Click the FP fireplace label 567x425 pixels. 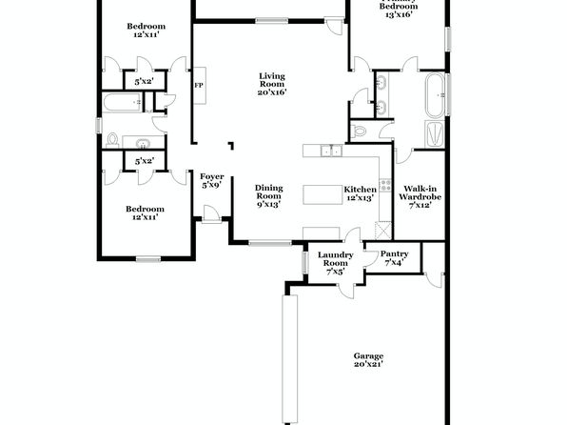199,86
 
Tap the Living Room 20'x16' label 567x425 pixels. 272,84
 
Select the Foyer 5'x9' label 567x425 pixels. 212,181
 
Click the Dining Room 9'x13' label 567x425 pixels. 268,196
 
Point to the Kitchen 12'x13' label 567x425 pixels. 360,193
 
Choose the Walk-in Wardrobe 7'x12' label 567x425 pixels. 420,196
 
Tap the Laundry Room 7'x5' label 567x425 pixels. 335,263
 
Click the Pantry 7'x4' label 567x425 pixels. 394,258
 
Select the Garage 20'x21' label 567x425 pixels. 368,360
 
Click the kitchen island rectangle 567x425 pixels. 323,194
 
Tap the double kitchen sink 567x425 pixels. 332,151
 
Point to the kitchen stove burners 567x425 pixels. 385,185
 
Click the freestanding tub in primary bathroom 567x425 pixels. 435,95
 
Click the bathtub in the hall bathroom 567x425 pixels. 122,102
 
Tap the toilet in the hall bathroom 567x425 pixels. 113,140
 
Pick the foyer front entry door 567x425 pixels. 211,213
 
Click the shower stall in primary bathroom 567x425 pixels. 435,134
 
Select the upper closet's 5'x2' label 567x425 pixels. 144,82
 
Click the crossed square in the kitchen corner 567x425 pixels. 383,230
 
